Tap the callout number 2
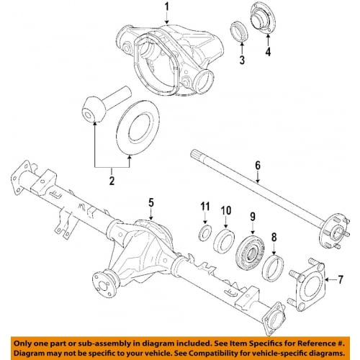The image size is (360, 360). tap(112, 181)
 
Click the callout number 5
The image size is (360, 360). tap(151, 202)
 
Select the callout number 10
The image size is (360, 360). tap(225, 210)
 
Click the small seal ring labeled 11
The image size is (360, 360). tap(204, 232)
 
